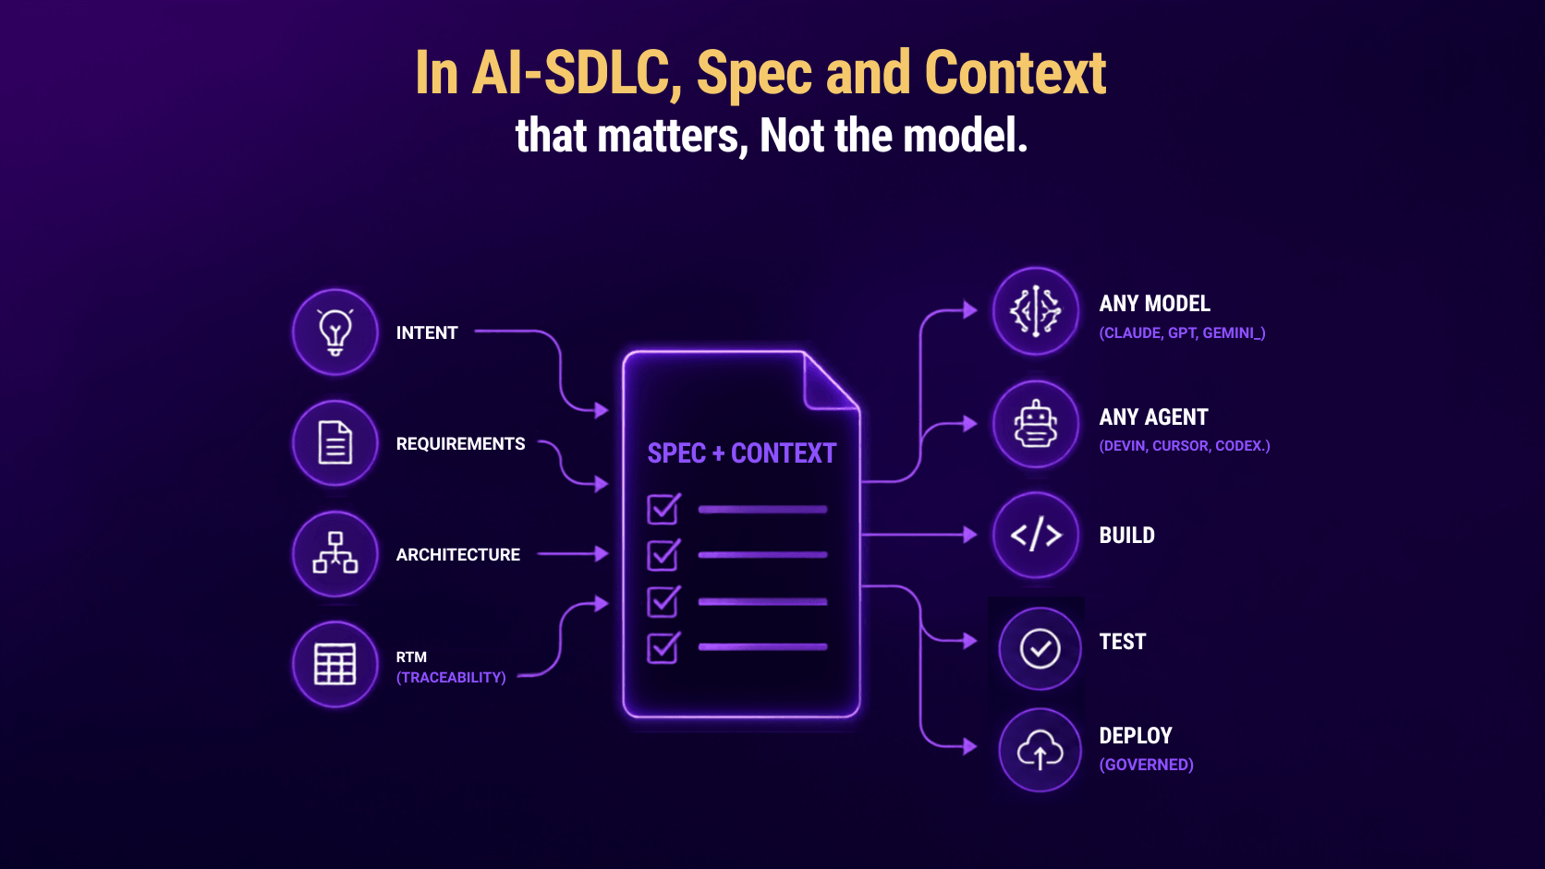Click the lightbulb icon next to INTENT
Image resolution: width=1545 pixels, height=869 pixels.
(x=335, y=332)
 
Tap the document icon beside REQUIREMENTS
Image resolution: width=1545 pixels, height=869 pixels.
(x=335, y=442)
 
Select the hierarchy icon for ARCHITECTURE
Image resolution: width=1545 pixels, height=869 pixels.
(x=335, y=552)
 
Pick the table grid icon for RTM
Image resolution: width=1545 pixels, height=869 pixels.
(x=335, y=664)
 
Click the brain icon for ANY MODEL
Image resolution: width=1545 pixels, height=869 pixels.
(x=1035, y=311)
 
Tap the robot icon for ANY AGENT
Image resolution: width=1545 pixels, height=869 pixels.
(x=1035, y=424)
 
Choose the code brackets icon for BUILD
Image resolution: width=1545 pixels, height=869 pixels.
(x=1036, y=535)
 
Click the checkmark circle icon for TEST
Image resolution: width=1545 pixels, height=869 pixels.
(x=1040, y=648)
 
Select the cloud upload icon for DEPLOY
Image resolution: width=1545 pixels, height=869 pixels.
(x=1040, y=750)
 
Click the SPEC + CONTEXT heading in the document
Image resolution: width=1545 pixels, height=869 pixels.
(x=741, y=453)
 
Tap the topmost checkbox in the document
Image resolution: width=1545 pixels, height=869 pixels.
(x=663, y=509)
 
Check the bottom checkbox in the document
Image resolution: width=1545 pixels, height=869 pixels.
(x=663, y=647)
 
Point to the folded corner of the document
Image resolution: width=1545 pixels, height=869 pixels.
(x=831, y=381)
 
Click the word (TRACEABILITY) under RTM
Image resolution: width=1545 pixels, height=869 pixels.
(x=451, y=678)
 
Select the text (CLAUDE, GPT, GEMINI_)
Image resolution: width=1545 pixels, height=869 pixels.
(x=1182, y=332)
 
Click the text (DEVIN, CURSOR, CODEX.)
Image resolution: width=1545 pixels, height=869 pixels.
(x=1185, y=446)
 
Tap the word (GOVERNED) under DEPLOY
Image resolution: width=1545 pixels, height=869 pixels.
(x=1147, y=765)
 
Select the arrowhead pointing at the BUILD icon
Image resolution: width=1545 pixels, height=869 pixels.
(x=970, y=535)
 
